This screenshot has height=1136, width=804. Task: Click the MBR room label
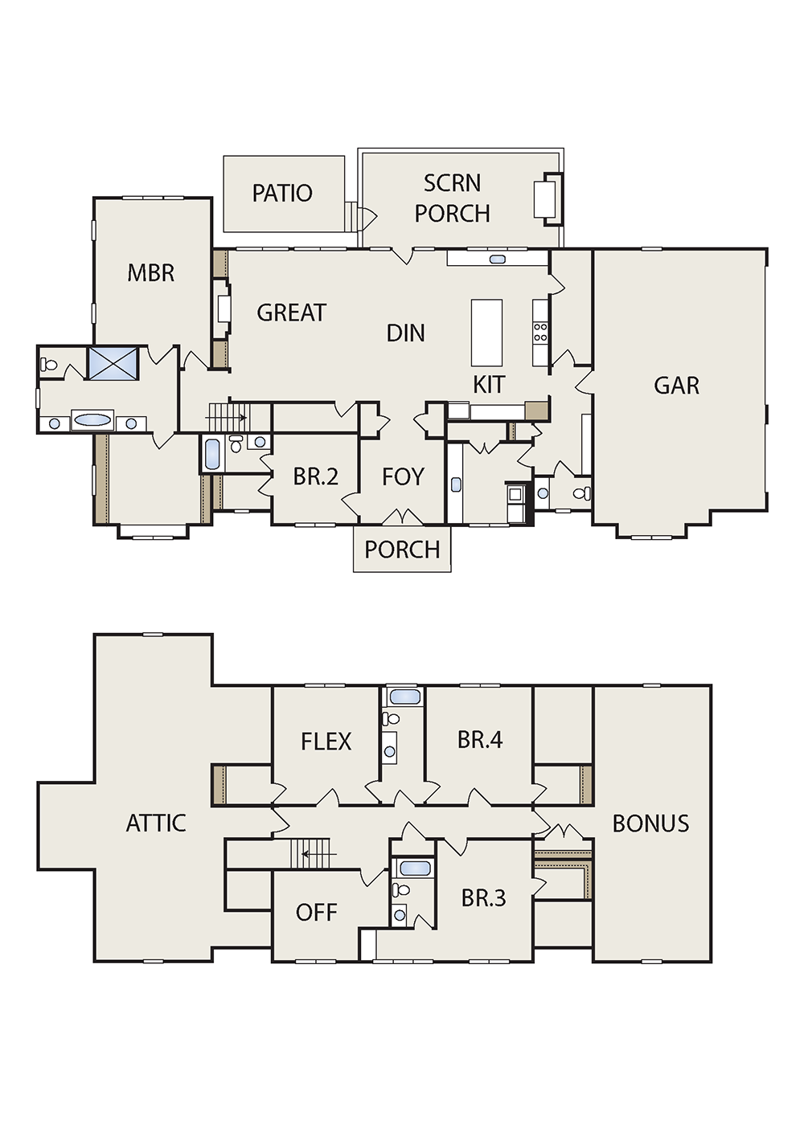coord(151,273)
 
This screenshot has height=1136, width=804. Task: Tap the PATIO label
coord(282,194)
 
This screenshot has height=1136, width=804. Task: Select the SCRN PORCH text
coord(452,198)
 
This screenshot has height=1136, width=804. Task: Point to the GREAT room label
coord(291,313)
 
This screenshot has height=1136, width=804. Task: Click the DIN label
coord(405,333)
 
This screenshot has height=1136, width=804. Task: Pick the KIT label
coord(489,384)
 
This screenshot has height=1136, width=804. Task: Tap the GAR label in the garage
coord(676,386)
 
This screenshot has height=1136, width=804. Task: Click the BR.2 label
coord(315,476)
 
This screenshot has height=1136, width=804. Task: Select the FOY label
coord(403,476)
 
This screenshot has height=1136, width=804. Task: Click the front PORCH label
coord(402,550)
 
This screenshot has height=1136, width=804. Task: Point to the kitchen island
coord(486,333)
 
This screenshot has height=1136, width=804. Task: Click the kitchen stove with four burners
coord(540,333)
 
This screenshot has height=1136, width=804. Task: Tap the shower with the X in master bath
coord(113,362)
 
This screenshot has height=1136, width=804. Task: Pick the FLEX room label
coord(326,742)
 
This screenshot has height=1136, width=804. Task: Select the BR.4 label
coord(480,740)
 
